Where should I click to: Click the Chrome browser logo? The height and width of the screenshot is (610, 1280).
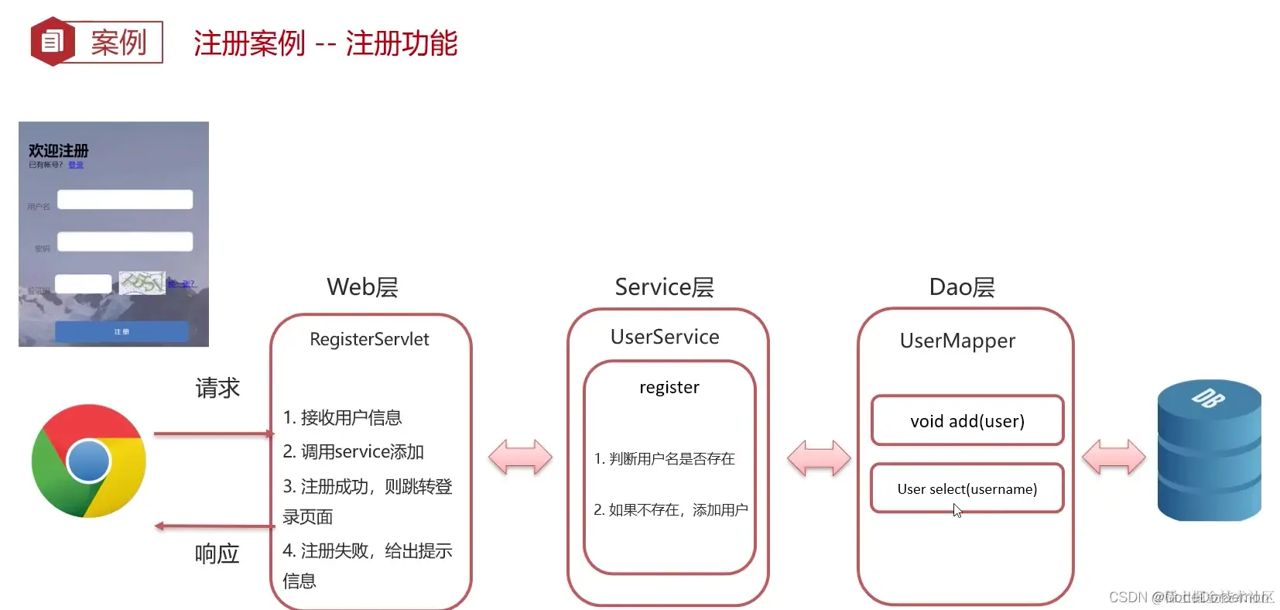coord(88,461)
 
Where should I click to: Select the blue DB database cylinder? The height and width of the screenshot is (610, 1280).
coord(1209,451)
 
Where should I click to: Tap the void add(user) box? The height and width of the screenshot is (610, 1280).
coord(967,421)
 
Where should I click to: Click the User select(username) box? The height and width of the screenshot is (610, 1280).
coord(967,488)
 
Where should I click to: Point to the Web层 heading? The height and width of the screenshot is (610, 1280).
coord(362,287)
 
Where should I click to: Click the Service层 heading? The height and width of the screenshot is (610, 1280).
coord(664,287)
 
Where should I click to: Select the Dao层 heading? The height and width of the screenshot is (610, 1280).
coord(961,287)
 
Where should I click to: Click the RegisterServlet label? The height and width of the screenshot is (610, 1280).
coord(369,339)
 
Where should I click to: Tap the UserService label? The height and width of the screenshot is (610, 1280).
coord(665,337)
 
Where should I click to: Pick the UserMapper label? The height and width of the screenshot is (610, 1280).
coord(957,341)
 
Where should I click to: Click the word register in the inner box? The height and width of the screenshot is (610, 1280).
coord(669,387)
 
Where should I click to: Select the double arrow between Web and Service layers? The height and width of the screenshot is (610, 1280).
coord(520,457)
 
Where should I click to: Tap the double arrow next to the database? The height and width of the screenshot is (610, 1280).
coord(1113,457)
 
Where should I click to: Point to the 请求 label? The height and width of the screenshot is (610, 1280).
coord(217,388)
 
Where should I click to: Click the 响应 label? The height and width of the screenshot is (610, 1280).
coord(217,553)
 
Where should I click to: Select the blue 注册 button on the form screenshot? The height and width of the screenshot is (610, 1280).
coord(121,331)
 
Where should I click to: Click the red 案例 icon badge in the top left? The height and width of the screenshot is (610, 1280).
coord(52,42)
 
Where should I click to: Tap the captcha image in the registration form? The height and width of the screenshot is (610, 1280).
coord(142,283)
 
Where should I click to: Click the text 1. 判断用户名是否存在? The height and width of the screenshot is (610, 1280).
coord(664,459)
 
